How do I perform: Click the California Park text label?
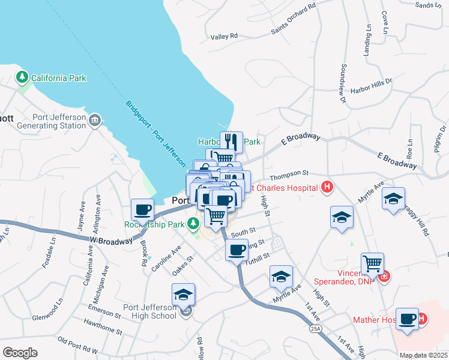[59, 78]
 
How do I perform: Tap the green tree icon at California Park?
[22, 77]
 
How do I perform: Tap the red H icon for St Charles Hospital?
[327, 188]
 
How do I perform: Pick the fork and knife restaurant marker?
[231, 142]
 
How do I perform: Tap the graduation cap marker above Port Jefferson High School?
[184, 294]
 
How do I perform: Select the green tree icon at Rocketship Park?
[193, 224]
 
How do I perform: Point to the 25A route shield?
[315, 329]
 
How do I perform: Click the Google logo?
[20, 353]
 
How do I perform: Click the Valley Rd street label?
[224, 37]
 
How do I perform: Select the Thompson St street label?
[288, 175]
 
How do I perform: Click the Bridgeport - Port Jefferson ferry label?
[155, 133]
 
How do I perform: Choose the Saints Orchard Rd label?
[293, 20]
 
